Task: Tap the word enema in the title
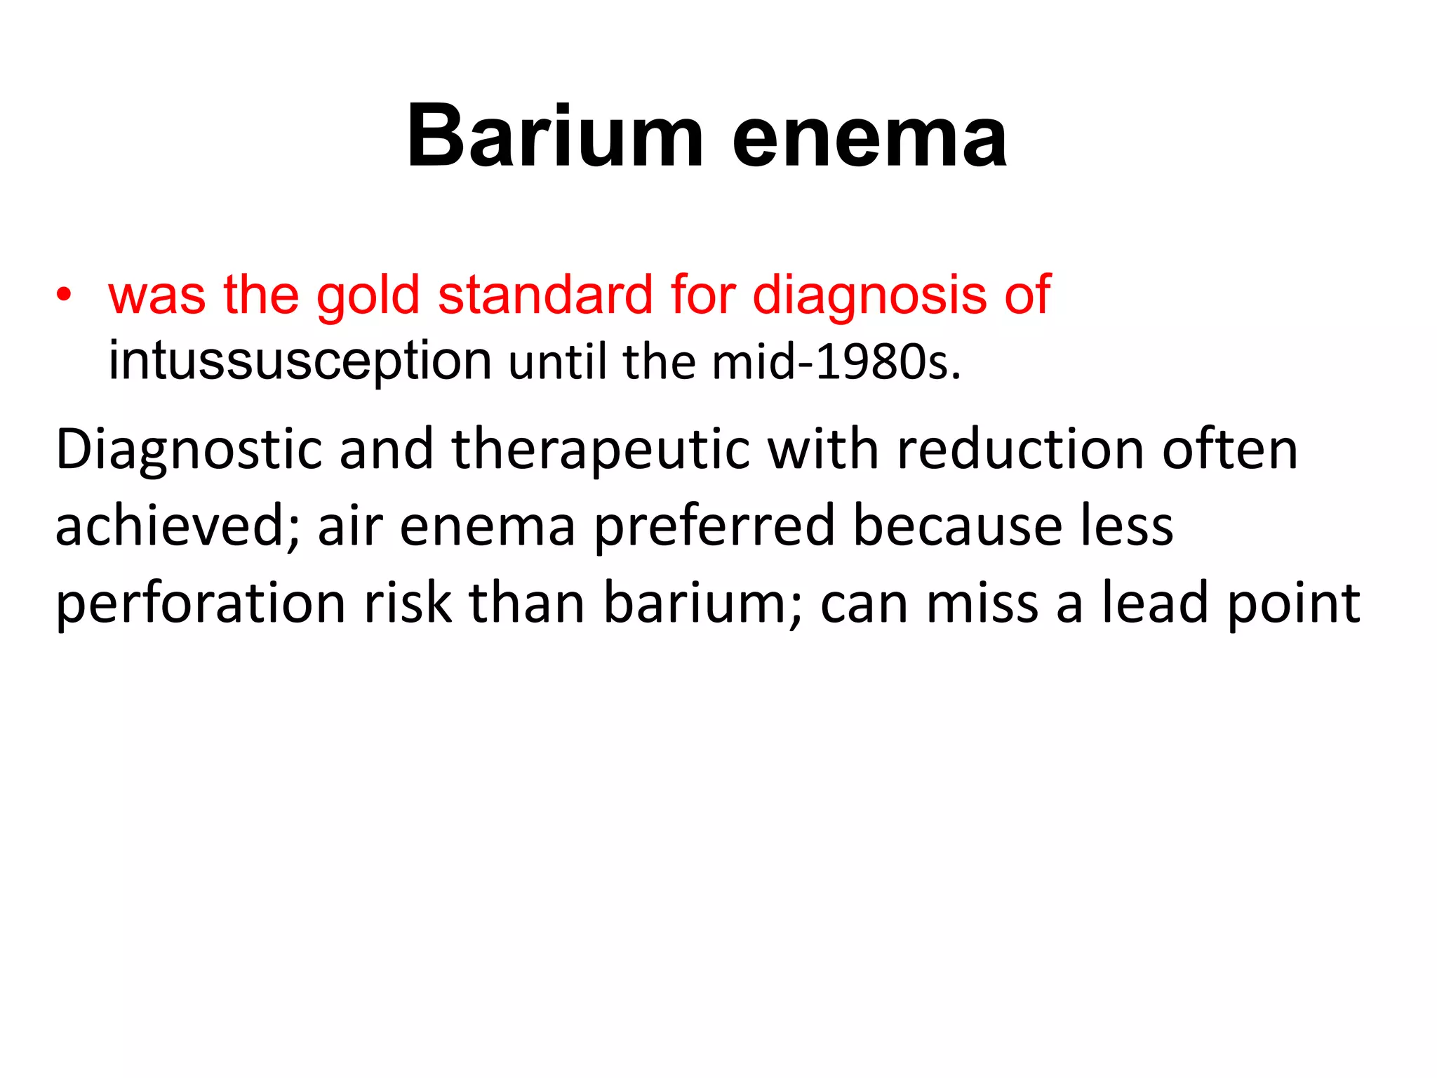[x=869, y=138]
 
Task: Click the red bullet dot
[x=65, y=294]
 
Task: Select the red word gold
[x=368, y=295]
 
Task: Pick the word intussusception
[x=300, y=362]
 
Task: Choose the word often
[x=1230, y=449]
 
